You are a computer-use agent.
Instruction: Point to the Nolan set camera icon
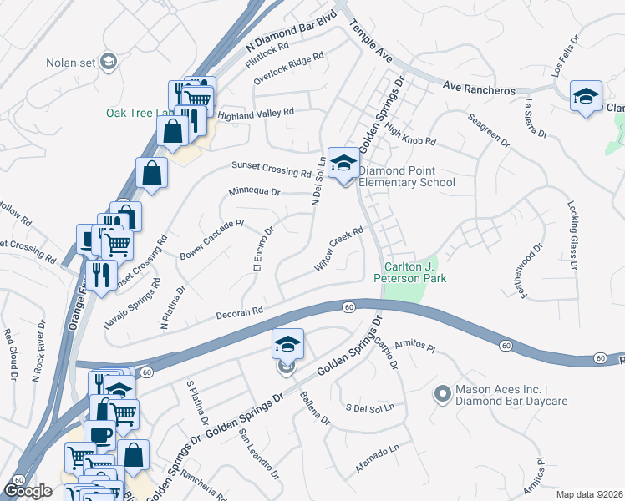point(108,62)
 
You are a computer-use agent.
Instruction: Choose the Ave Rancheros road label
point(475,86)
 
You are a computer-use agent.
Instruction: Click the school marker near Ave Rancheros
point(587,96)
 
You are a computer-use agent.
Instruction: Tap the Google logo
point(28,490)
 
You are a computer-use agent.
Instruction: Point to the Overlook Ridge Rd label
point(288,69)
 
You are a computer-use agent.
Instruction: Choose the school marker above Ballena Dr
point(287,345)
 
